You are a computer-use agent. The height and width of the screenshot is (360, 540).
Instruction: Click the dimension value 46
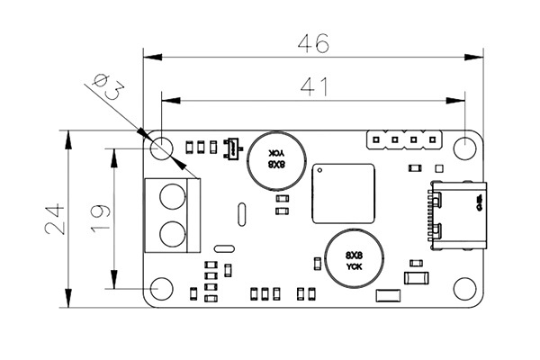tap(315, 42)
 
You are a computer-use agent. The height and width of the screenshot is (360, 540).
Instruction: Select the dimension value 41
tap(313, 86)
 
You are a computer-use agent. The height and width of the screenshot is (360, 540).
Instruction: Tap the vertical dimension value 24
tap(56, 219)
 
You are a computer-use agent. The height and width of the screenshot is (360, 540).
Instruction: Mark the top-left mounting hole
tap(162, 147)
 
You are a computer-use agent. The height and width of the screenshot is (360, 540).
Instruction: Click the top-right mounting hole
tap(464, 147)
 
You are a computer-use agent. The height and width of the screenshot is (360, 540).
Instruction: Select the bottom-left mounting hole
tap(162, 288)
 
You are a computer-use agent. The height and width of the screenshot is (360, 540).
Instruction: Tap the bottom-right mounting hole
tap(464, 288)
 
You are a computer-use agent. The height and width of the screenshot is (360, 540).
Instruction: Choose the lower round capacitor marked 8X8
tap(353, 257)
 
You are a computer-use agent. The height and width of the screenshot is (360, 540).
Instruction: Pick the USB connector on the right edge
tap(457, 216)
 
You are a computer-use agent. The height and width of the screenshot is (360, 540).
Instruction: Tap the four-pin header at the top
tap(405, 139)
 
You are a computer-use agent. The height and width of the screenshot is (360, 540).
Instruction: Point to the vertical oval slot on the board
tap(241, 215)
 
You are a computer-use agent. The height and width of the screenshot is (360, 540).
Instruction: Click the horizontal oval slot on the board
tap(223, 248)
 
